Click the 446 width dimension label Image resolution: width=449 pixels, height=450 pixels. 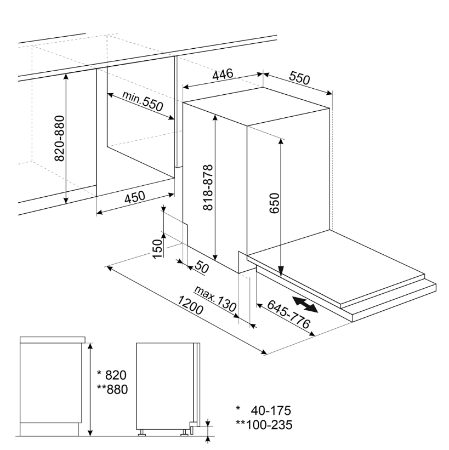click(223, 75)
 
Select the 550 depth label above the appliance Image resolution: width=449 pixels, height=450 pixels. click(299, 78)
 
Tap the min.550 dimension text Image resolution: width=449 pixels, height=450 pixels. click(143, 101)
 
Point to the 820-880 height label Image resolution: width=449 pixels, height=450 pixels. click(59, 138)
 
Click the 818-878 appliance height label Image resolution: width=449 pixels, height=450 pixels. click(208, 187)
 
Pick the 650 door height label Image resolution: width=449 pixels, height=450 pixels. click(274, 203)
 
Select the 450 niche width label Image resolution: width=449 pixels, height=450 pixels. click(135, 197)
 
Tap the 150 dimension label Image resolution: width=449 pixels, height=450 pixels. click(157, 249)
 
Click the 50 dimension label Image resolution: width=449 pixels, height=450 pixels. click(202, 267)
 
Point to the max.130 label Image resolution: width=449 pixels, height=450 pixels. click(215, 299)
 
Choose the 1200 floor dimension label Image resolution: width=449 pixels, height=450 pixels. click(190, 305)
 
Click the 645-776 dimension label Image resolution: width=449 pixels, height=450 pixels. click(289, 314)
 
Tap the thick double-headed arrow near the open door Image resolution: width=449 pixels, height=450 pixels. click(305, 305)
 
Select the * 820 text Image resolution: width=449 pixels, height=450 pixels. click(112, 375)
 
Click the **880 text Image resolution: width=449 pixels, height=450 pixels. click(112, 390)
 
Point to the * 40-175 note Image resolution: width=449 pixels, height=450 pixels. click(263, 411)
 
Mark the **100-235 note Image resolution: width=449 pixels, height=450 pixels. click(264, 425)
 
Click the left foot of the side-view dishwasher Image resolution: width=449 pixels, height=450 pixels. click(142, 432)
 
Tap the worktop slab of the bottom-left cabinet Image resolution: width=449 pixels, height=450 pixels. click(53, 339)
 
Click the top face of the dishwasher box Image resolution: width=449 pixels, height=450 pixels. click(257, 106)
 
